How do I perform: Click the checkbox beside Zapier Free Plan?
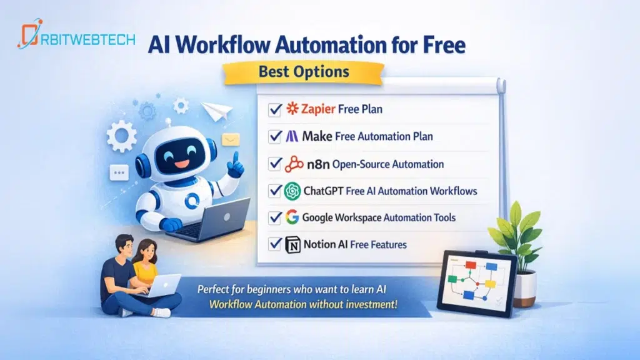[274, 110]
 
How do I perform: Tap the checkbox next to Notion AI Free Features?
[274, 244]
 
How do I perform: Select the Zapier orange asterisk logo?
[292, 109]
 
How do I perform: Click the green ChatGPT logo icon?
[292, 191]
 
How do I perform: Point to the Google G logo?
[292, 217]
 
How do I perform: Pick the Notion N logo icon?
[292, 244]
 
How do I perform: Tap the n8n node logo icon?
[293, 164]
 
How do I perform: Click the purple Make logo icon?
[292, 136]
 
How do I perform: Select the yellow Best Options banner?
[304, 71]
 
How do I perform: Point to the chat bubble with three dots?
[118, 172]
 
